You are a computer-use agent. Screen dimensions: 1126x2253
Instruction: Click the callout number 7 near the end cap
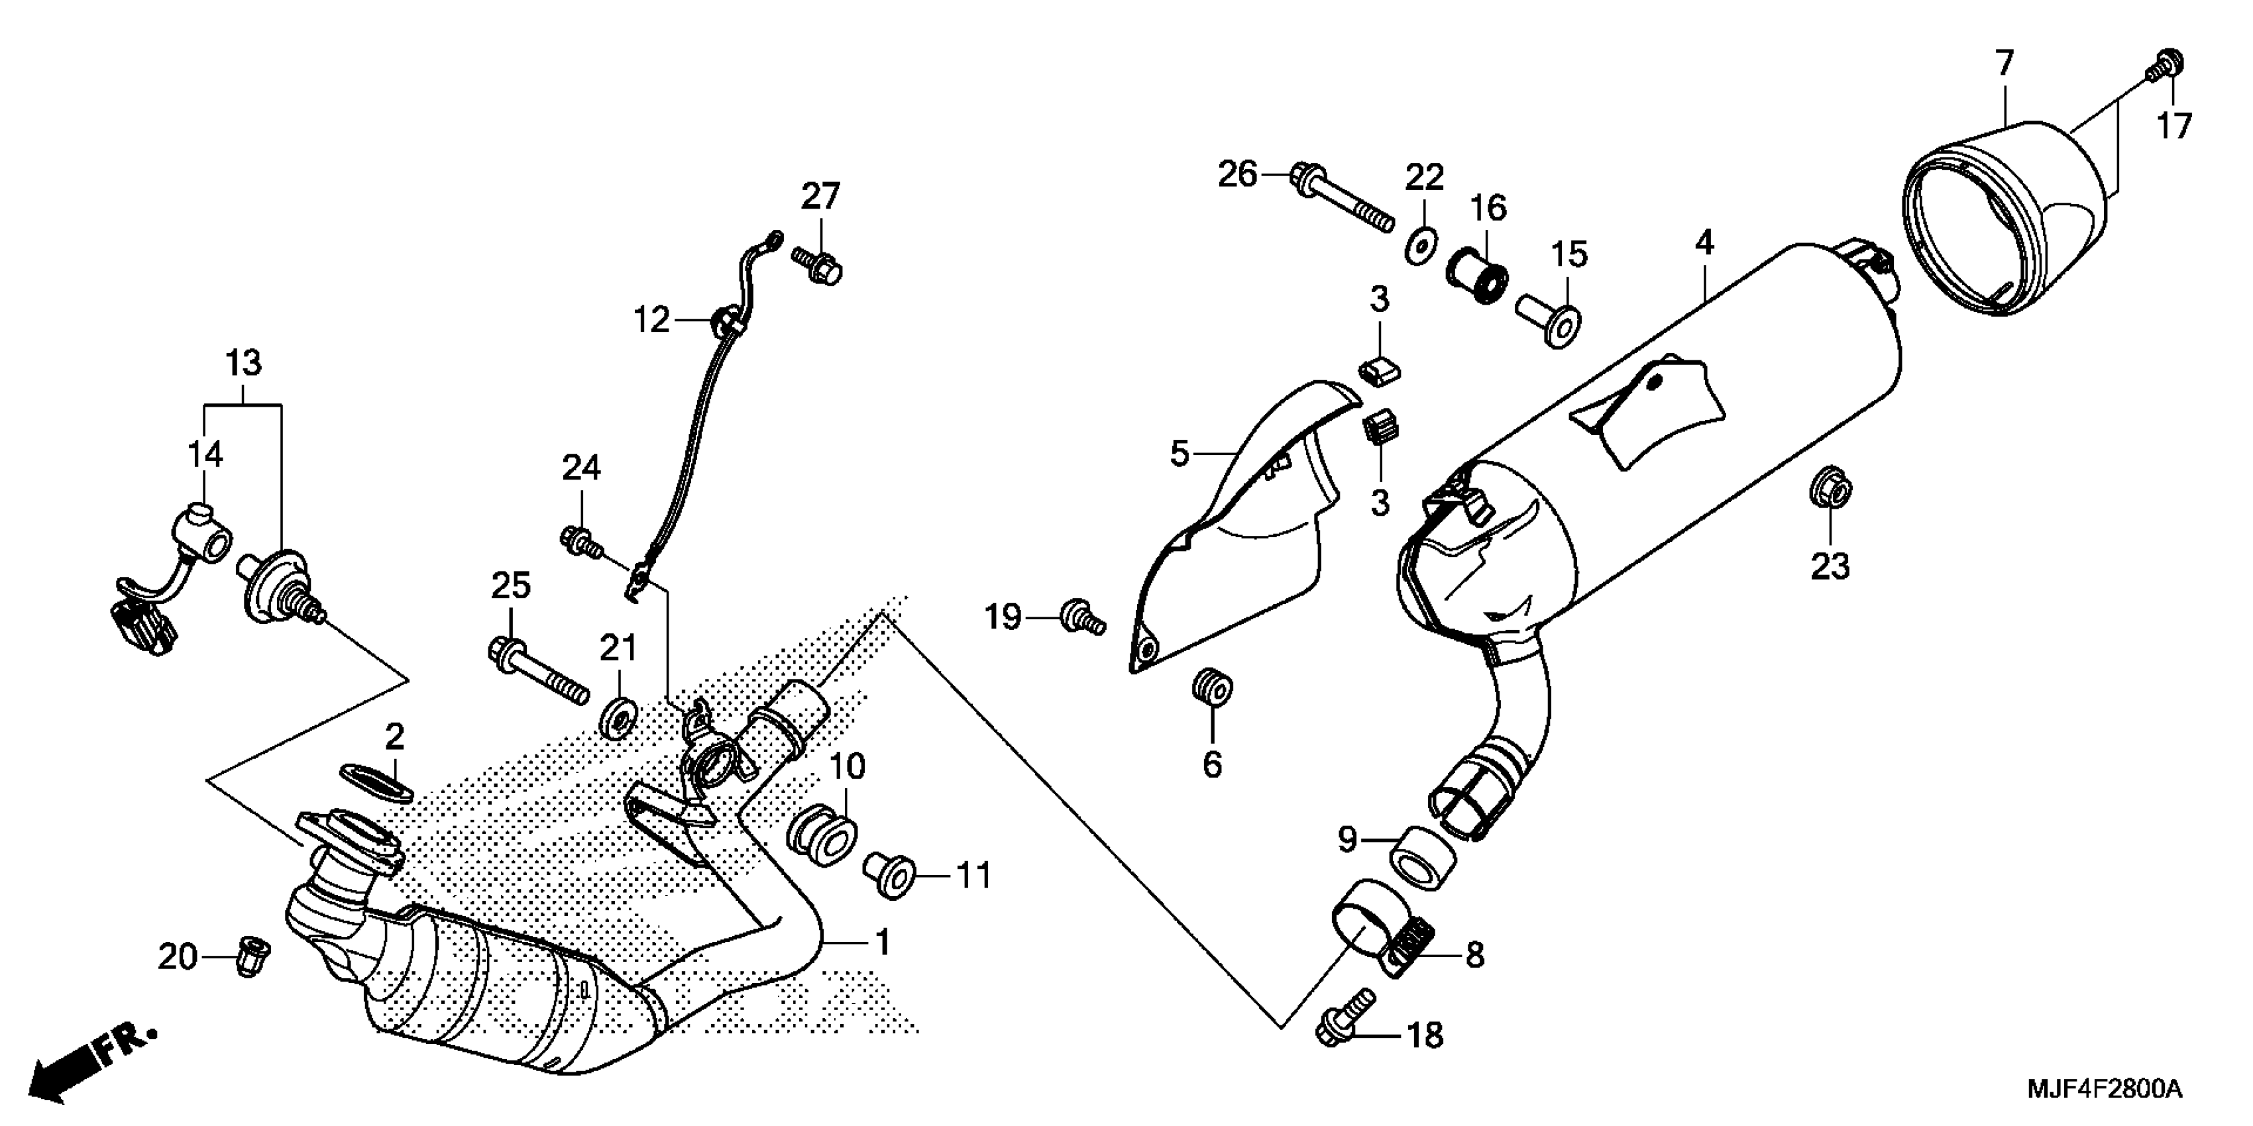pyautogui.click(x=2005, y=64)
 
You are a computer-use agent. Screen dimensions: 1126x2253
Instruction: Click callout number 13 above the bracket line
pyautogui.click(x=244, y=362)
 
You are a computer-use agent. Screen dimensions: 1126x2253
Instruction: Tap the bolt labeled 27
pyautogui.click(x=818, y=264)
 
